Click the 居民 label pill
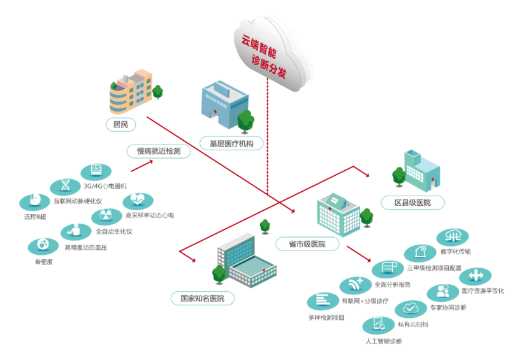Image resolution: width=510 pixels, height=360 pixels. (120, 124)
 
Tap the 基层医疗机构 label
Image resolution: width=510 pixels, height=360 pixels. (231, 143)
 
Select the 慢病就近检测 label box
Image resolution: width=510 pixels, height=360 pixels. (158, 151)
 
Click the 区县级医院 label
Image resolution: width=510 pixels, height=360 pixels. (412, 203)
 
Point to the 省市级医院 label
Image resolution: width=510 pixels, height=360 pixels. (307, 244)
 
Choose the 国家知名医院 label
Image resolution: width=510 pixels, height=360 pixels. (202, 298)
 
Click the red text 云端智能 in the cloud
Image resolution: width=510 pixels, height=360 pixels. (259, 47)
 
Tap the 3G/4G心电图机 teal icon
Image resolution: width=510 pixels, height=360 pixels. (96, 171)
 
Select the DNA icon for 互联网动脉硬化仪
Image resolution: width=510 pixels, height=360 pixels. (66, 187)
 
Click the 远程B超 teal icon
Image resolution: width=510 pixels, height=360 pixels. (34, 202)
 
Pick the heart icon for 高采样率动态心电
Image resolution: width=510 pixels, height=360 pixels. (138, 201)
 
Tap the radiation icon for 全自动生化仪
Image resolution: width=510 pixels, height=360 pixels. (106, 217)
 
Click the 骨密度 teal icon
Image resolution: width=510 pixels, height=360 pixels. (43, 246)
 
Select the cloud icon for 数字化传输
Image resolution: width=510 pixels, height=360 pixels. (453, 237)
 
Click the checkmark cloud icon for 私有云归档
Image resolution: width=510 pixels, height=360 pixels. (411, 308)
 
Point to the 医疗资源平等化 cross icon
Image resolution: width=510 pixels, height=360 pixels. (475, 276)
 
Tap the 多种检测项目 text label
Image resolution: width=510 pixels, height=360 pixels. (326, 317)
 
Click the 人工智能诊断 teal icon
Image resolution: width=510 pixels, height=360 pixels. (378, 325)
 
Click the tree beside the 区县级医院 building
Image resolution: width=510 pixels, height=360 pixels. (399, 177)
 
